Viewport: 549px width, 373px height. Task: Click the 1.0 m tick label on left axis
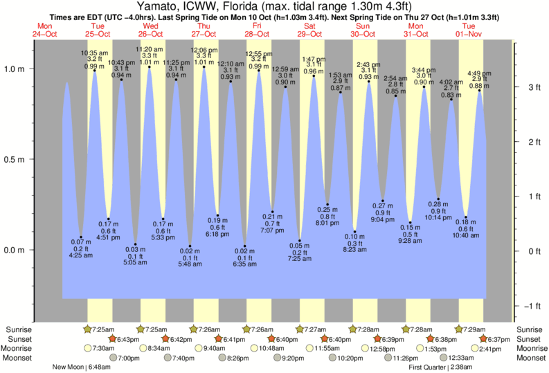pos(15,69)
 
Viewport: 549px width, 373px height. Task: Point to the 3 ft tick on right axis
pos(534,87)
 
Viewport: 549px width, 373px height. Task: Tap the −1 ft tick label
pos(532,306)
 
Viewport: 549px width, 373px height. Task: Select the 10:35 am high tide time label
pos(94,53)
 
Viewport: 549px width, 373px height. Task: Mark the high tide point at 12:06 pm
pos(204,67)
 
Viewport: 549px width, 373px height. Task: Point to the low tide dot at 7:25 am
pos(300,240)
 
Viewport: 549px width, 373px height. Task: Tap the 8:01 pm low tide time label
pos(327,224)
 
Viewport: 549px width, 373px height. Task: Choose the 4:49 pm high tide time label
pos(480,73)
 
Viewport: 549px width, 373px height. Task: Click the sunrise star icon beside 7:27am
pos(300,329)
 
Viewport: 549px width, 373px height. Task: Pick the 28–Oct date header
pos(258,33)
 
